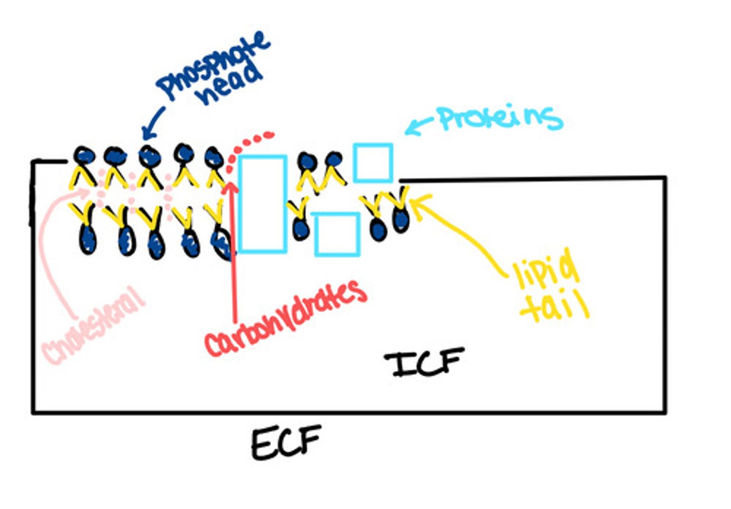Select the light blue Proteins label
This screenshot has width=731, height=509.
[500, 118]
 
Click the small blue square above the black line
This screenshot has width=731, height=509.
[373, 163]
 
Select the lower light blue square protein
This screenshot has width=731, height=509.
[337, 234]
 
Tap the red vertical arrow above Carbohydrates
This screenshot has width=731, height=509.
[234, 249]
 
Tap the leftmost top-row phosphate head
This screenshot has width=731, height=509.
[84, 155]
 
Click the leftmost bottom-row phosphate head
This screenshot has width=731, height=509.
[87, 240]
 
